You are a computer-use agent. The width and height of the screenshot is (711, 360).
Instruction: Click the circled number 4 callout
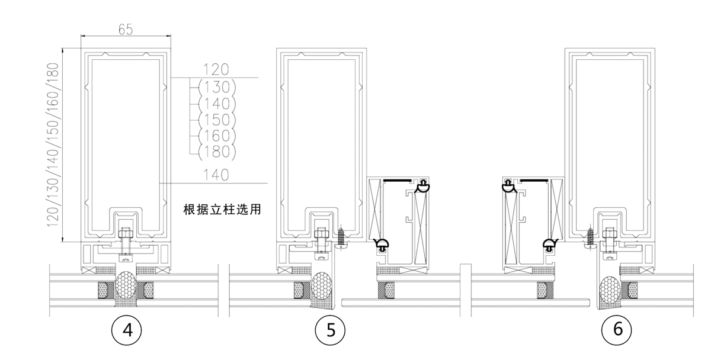pos(126,330)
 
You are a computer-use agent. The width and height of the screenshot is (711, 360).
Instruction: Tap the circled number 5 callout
pos(329,330)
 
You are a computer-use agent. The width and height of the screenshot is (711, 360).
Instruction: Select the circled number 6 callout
pos(617,330)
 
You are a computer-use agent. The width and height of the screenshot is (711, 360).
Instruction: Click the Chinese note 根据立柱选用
pos(222,210)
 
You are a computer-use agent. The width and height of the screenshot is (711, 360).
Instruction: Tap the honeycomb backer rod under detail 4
pos(125,287)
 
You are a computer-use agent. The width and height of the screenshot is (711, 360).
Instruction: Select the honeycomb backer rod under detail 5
pos(321,287)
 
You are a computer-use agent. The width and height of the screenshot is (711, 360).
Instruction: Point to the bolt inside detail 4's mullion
pos(125,240)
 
